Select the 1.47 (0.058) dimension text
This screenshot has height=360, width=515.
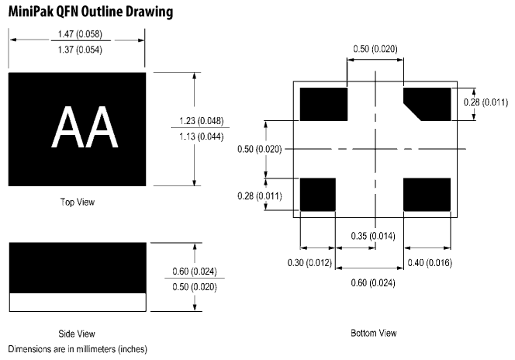tap(78, 35)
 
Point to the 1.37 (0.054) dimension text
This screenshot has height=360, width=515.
tap(78, 50)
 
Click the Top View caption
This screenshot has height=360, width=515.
tap(78, 202)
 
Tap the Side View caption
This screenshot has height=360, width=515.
tap(78, 334)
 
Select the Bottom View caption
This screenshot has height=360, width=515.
tap(375, 334)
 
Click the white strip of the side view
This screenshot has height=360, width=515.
tap(78, 301)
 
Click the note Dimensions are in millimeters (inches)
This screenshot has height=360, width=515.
tap(78, 348)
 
